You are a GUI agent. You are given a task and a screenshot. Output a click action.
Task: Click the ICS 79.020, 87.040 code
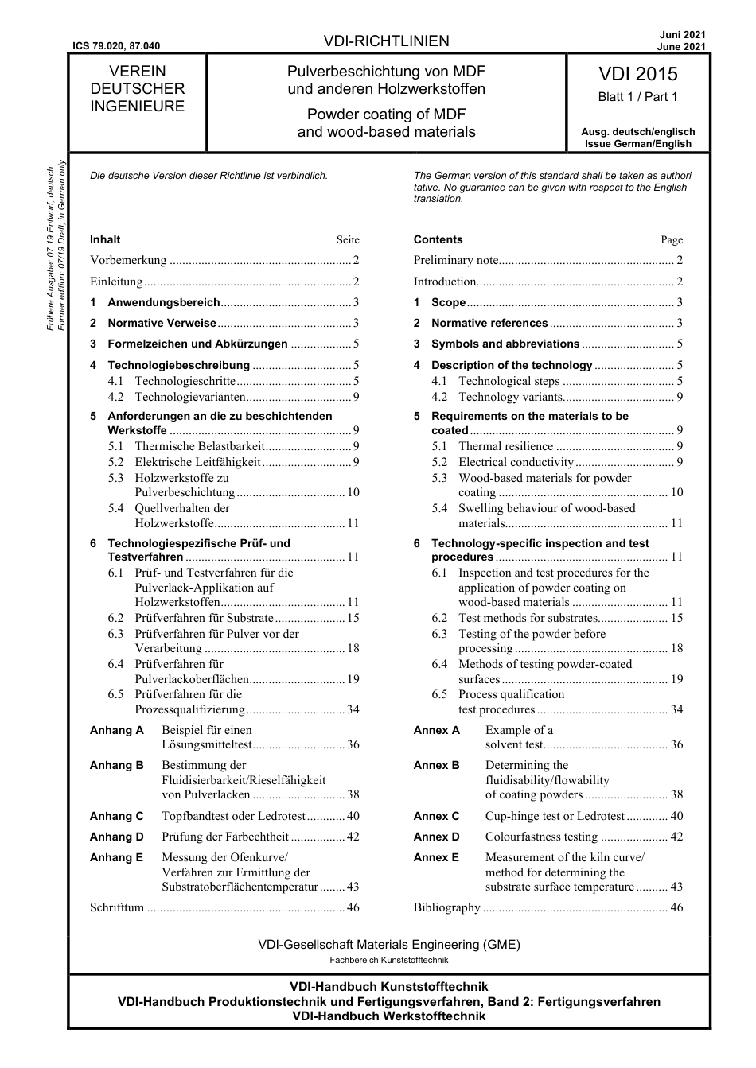click(116, 46)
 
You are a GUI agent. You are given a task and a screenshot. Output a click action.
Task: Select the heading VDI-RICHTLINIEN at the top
click(387, 41)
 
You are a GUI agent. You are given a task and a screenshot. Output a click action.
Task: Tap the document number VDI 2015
click(637, 74)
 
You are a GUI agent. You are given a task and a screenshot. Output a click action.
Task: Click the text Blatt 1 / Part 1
click(637, 97)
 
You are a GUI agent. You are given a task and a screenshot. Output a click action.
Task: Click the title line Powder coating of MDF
click(387, 115)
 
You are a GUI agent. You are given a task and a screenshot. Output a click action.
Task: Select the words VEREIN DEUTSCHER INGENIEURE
click(137, 89)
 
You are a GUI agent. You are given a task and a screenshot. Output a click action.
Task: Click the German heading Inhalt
click(105, 239)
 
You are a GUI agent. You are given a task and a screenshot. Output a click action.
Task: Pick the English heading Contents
click(438, 239)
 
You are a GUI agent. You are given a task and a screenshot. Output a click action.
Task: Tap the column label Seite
click(348, 240)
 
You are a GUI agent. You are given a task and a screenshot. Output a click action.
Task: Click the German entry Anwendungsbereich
click(163, 302)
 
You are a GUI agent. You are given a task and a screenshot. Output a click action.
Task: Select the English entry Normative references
click(489, 323)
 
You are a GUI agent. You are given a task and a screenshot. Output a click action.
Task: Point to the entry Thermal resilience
click(505, 446)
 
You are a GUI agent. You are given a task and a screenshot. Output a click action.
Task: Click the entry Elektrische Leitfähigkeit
click(197, 462)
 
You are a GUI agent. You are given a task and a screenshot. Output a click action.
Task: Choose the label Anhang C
click(117, 816)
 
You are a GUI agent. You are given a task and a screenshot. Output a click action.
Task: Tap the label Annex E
click(436, 857)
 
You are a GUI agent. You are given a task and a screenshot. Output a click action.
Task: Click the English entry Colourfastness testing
click(541, 837)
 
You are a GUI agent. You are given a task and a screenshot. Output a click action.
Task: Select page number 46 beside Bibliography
click(676, 907)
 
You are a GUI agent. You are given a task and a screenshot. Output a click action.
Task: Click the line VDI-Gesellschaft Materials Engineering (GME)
click(389, 945)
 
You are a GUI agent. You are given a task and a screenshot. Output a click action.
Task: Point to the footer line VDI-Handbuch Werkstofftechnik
click(388, 1016)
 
